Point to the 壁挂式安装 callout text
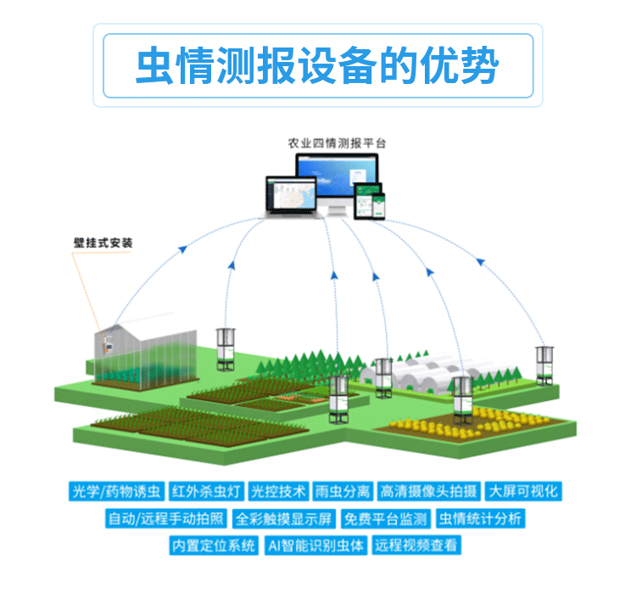click(103, 242)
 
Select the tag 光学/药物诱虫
click(115, 491)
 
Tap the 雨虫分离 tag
click(343, 491)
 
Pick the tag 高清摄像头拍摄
click(429, 491)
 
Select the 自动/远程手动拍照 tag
click(166, 518)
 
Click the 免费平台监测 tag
click(386, 518)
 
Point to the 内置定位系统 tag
click(214, 545)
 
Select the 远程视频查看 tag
click(416, 545)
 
